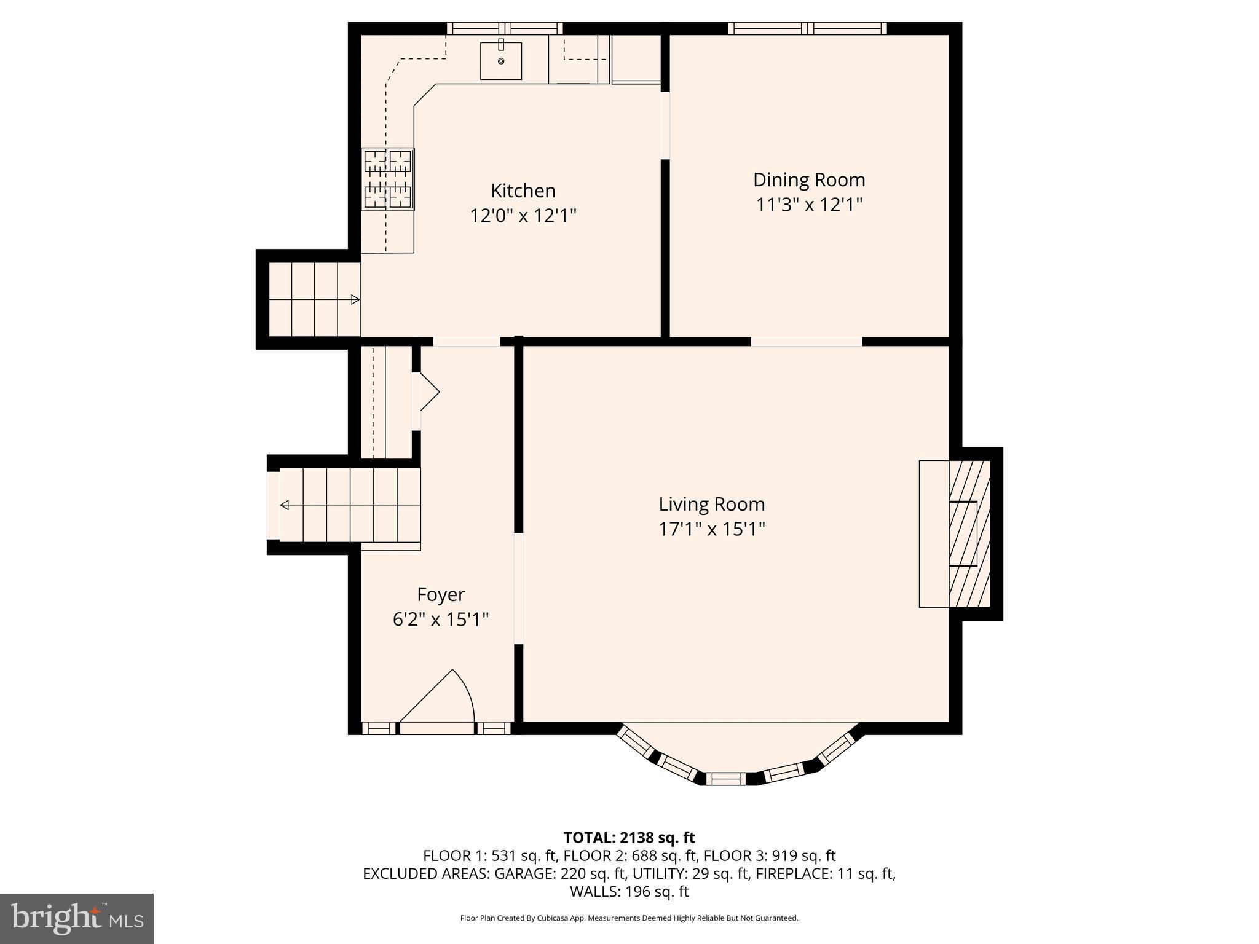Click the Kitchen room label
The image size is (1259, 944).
(523, 191)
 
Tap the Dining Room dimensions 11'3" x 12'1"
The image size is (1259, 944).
(809, 205)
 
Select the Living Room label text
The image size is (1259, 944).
(712, 504)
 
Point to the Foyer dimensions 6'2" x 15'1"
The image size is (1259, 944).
(441, 619)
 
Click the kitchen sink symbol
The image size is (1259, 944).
(501, 61)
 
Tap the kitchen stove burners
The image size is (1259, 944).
(388, 179)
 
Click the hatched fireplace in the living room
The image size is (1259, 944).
(969, 533)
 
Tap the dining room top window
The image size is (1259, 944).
(808, 28)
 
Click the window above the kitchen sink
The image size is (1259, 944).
(505, 28)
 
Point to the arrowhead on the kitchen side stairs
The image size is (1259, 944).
(355, 300)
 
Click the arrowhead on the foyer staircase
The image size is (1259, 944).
(285, 505)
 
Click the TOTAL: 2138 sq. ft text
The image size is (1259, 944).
(629, 837)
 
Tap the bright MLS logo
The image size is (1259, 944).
(77, 919)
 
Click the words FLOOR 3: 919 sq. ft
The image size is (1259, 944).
(769, 855)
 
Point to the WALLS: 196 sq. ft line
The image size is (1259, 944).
(629, 891)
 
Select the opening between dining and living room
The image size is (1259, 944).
(807, 342)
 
